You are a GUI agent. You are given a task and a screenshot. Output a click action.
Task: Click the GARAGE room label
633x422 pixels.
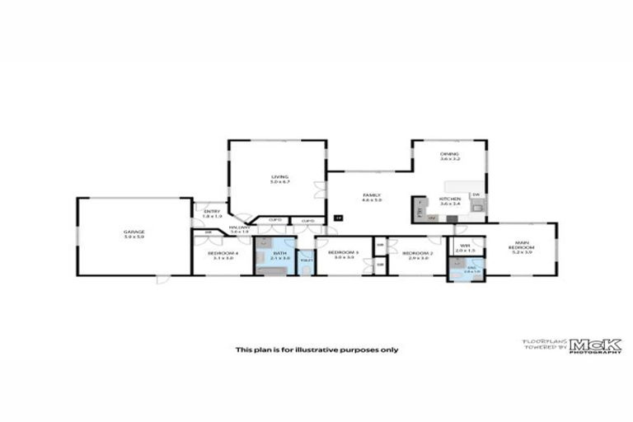tap(134, 232)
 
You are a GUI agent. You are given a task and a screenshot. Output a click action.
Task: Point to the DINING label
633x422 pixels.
tap(449, 154)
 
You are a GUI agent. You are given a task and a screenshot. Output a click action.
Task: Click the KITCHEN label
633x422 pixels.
tap(449, 199)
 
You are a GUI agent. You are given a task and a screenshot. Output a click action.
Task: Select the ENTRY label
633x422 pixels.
tap(212, 213)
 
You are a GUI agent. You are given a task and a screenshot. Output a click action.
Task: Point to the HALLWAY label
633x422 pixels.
tap(239, 228)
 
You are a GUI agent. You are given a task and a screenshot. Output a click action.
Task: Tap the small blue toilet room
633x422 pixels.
tap(305, 262)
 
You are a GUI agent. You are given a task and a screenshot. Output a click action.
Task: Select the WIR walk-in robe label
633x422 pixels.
tap(465, 245)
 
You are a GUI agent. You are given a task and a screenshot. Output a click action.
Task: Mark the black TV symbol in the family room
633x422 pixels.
tap(338, 218)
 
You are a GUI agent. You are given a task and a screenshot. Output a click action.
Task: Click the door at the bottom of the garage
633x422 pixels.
tap(162, 279)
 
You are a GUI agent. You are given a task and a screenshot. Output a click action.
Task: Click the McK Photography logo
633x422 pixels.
tap(590, 346)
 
